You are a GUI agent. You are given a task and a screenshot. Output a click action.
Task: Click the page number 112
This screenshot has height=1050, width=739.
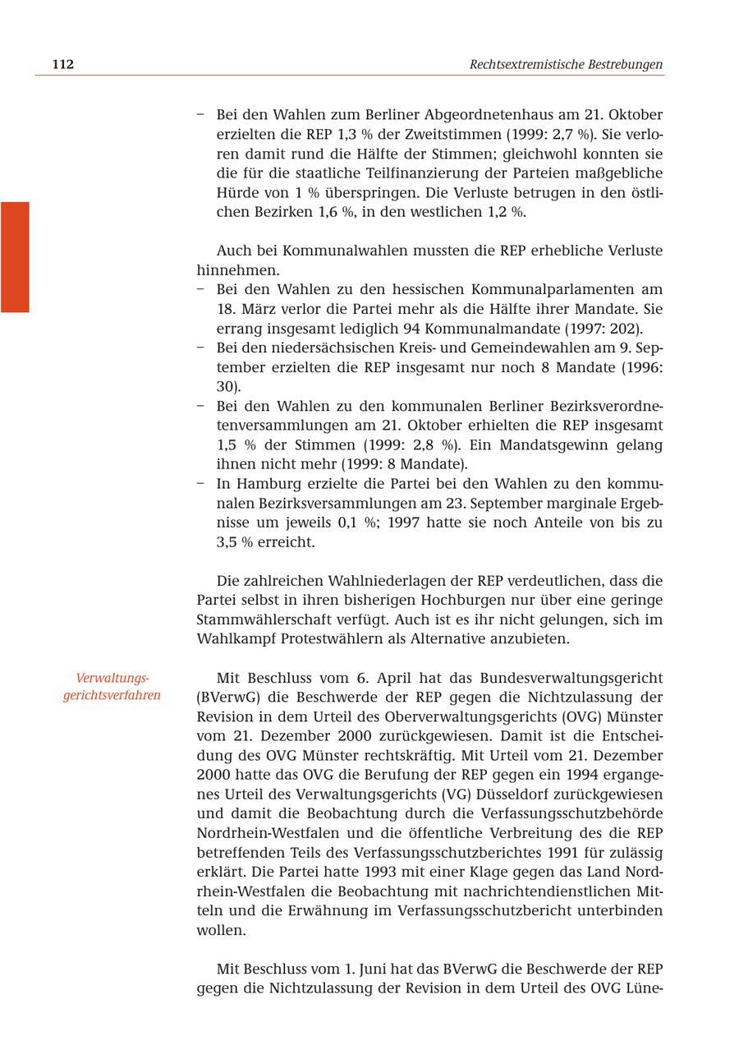point(62,64)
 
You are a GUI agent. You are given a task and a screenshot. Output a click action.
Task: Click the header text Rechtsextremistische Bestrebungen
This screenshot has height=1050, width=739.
point(566,64)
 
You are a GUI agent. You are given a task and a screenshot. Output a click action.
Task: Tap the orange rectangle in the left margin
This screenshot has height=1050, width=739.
point(15,256)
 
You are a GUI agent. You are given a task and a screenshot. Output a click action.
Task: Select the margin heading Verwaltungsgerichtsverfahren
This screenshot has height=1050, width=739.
point(112,687)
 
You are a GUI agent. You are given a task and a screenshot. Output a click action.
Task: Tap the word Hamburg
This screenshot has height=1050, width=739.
point(264,484)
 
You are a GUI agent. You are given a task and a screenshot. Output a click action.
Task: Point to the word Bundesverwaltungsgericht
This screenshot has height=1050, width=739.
point(571,678)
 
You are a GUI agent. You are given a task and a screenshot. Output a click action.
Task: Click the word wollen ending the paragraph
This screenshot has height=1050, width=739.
point(221,930)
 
